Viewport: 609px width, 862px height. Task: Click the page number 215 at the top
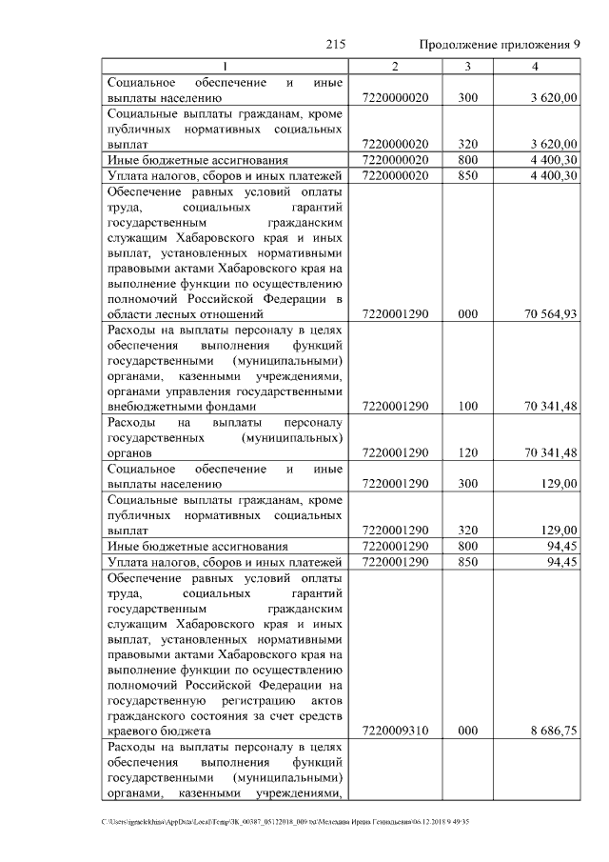coord(334,45)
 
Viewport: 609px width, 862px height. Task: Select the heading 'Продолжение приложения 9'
coord(500,45)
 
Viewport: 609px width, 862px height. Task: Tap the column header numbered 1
coord(225,66)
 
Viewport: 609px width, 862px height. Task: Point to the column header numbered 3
coord(467,66)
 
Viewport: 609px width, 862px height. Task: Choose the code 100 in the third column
coord(467,407)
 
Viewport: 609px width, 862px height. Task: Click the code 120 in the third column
coord(467,453)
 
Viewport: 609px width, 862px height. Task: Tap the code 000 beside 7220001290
coord(467,314)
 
